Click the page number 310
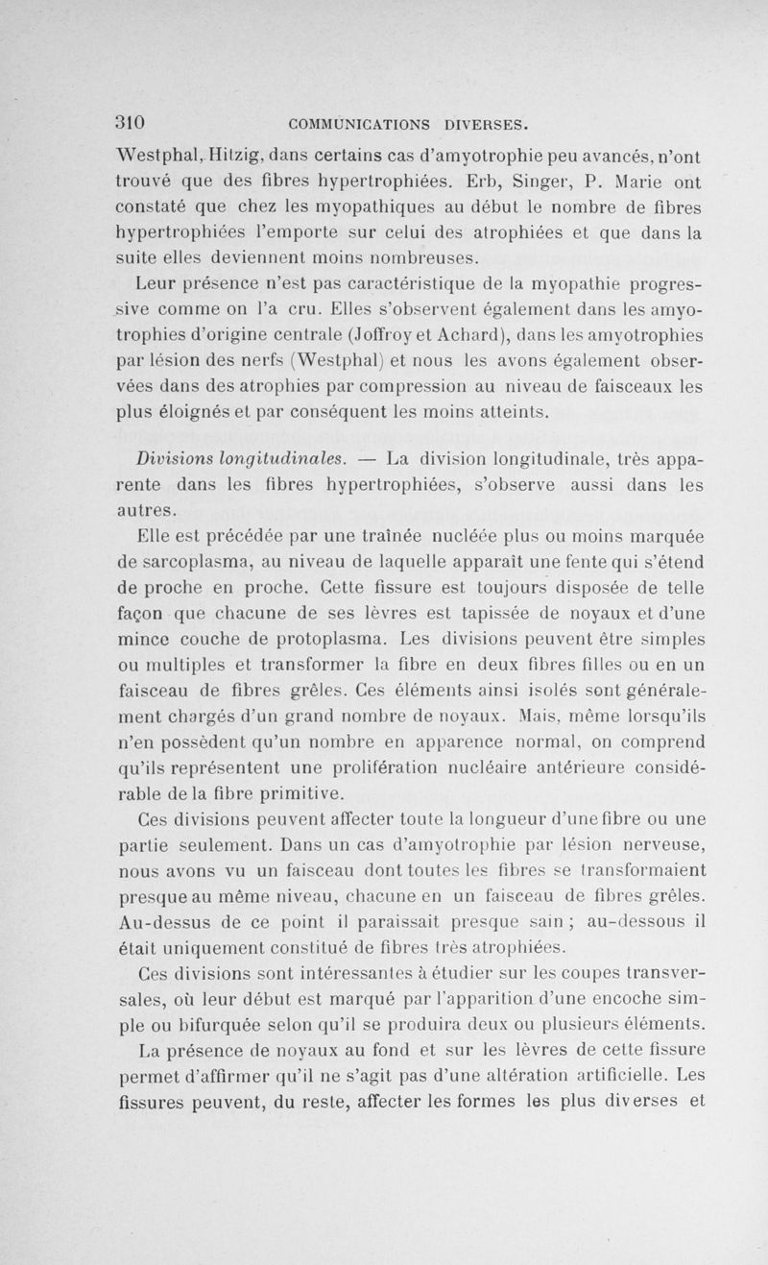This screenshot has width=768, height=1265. tap(129, 123)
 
